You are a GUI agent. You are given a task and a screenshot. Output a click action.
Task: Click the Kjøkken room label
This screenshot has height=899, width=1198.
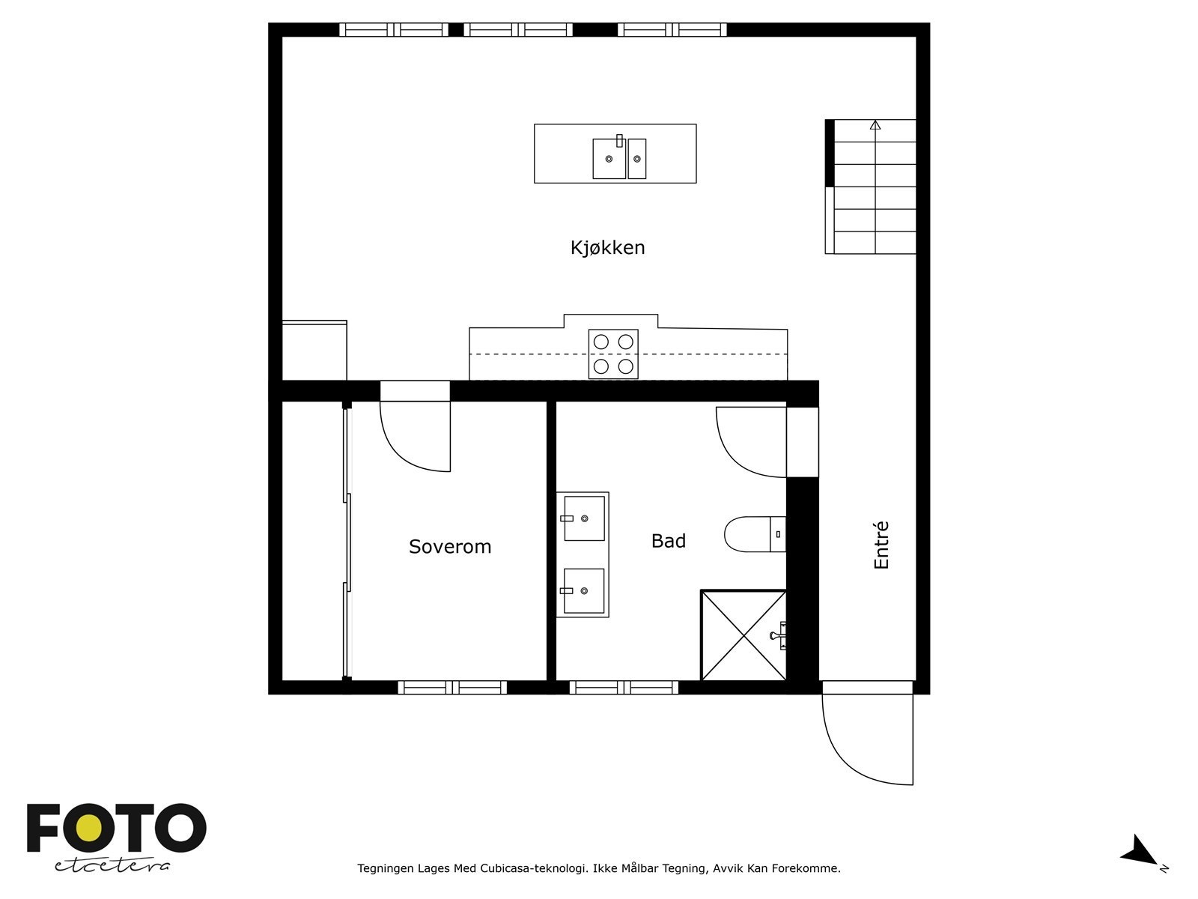click(607, 248)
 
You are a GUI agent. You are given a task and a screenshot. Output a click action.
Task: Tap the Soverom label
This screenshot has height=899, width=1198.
click(450, 547)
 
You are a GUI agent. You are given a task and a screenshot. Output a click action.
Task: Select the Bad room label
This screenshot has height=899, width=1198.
click(668, 541)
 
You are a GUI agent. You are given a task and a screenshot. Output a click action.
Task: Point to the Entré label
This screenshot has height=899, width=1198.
click(881, 545)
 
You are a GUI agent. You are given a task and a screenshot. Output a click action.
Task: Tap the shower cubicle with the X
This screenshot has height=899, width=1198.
click(743, 635)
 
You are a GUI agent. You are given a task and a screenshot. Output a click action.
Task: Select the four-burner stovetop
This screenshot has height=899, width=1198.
click(613, 354)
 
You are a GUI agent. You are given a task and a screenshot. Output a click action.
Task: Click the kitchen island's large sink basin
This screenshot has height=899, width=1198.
click(609, 159)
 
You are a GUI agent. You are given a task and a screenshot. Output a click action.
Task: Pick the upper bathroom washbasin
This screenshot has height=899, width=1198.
click(584, 518)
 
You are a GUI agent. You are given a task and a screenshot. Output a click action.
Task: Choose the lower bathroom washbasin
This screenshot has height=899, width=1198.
click(584, 590)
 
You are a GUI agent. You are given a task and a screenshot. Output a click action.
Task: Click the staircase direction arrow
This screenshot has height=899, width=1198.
click(875, 125)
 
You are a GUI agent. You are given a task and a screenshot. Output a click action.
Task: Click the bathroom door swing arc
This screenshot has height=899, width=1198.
click(749, 442)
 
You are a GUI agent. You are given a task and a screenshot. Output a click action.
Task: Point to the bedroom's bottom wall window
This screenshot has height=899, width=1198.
click(452, 687)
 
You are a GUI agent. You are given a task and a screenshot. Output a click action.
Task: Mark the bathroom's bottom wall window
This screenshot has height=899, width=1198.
click(624, 687)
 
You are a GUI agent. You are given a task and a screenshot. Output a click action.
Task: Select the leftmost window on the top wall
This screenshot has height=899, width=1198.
click(394, 30)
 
